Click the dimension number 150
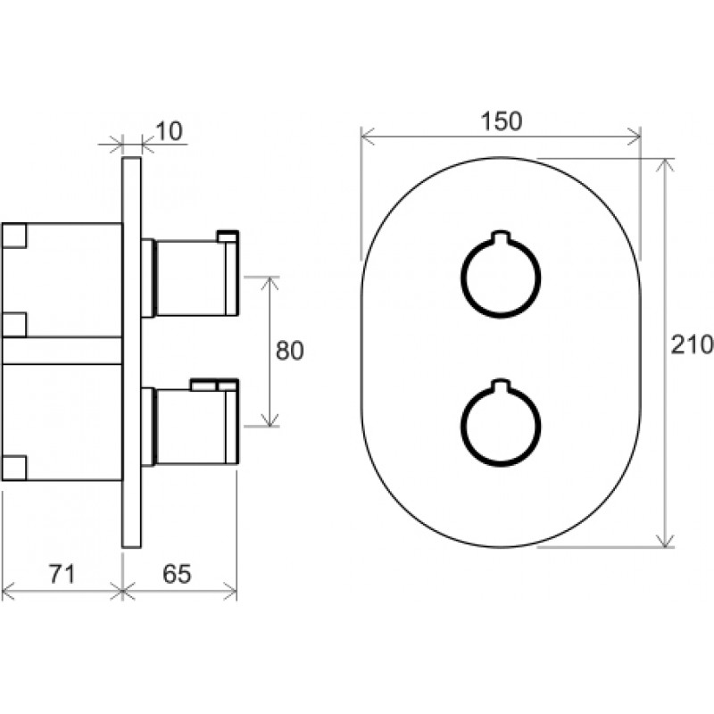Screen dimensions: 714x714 tap(501, 121)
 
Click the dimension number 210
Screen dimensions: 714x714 tap(692, 345)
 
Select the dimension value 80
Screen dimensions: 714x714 tap(289, 351)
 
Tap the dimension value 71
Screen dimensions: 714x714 tap(62, 574)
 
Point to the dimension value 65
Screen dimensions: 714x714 tap(177, 574)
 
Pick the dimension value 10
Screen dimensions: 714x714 tap(169, 131)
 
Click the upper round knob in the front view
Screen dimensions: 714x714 tap(501, 315)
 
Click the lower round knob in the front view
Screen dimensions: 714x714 tap(501, 464)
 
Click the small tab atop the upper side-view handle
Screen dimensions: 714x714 tap(228, 236)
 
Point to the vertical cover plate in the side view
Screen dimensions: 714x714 tap(131, 352)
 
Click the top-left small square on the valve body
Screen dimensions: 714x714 tap(14, 236)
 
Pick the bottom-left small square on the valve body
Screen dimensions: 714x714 tap(14, 468)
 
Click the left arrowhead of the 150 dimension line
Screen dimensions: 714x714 tap(367, 137)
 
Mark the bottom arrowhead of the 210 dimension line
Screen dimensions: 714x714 tap(665, 541)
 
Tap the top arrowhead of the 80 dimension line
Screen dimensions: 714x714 tap(270, 283)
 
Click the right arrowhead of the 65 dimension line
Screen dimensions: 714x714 tap(230, 592)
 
